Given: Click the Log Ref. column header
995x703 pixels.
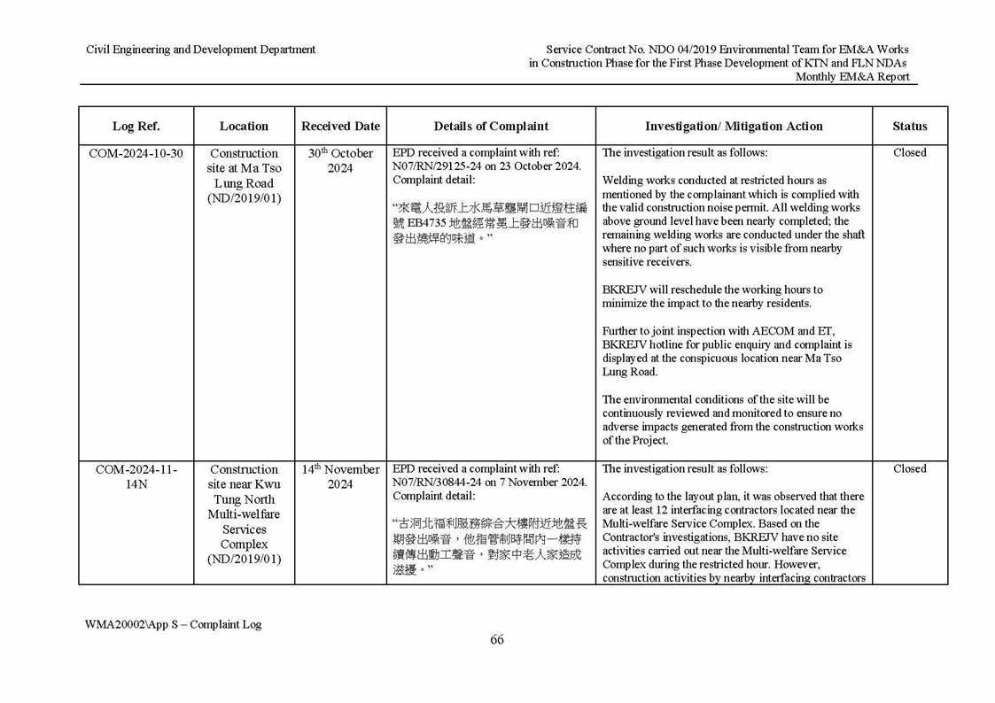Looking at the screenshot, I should pyautogui.click(x=136, y=126).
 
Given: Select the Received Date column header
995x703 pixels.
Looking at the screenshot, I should pyautogui.click(x=340, y=126).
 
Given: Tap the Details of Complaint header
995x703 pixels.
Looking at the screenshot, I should pyautogui.click(x=491, y=126).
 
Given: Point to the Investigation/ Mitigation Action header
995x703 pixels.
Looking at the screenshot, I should pyautogui.click(x=734, y=126).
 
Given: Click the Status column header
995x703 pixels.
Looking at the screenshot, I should pyautogui.click(x=909, y=126).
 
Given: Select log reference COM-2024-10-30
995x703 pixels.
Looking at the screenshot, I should pyautogui.click(x=136, y=153).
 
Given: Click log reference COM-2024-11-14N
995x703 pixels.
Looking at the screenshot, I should pyautogui.click(x=136, y=476).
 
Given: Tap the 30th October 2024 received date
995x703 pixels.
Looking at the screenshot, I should pyautogui.click(x=340, y=160).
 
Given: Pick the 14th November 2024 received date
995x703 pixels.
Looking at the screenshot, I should pyautogui.click(x=340, y=476).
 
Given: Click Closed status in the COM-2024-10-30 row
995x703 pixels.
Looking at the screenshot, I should pyautogui.click(x=909, y=153).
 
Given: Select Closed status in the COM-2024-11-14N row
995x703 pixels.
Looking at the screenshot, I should pyautogui.click(x=909, y=469).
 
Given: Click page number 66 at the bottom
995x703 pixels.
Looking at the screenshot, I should pyautogui.click(x=497, y=641).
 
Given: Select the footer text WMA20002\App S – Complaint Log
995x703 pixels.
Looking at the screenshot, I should pyautogui.click(x=173, y=624).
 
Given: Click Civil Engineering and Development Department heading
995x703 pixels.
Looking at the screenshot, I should pyautogui.click(x=200, y=50).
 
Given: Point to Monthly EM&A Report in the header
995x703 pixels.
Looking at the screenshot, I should pyautogui.click(x=851, y=77).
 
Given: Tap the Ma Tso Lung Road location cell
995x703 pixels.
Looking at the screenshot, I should pyautogui.click(x=244, y=175).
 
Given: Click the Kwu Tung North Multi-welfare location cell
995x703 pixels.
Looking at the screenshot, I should pyautogui.click(x=244, y=514).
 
